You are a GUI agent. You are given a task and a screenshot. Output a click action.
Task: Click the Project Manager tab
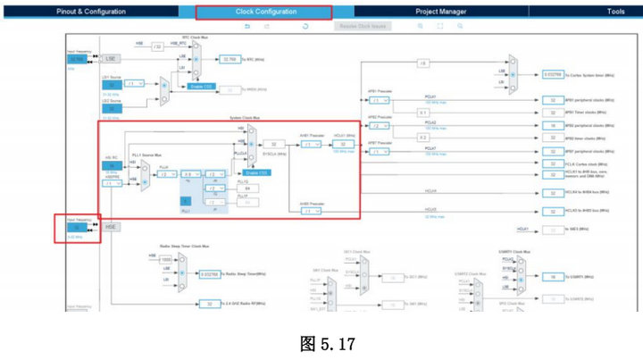point(440,12)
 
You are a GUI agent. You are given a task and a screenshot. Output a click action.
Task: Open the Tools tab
point(615,12)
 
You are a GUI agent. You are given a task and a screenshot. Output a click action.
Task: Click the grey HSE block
point(112,228)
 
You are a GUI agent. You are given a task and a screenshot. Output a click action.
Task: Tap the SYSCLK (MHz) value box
point(278,144)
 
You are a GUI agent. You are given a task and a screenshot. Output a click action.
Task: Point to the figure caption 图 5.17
point(321,339)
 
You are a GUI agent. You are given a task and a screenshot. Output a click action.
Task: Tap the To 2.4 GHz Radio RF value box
point(208,304)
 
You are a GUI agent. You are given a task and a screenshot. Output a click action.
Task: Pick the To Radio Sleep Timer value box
point(209,274)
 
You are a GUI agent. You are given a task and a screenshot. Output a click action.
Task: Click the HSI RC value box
point(113,165)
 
